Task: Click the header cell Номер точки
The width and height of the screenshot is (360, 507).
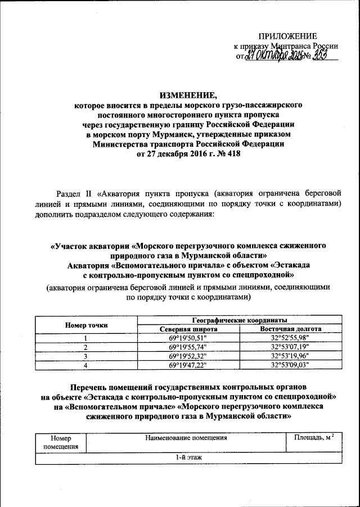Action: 86,325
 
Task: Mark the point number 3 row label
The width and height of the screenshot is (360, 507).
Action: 86,356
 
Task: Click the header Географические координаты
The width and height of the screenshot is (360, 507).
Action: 238,320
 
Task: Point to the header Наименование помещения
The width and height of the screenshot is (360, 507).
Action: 186,437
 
